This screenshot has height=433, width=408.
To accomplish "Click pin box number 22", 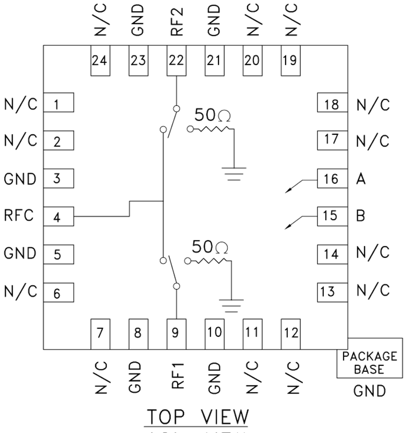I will point(176,61).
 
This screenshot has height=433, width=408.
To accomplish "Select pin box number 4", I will point(58,217).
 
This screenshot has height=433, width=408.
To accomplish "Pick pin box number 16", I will point(332,179).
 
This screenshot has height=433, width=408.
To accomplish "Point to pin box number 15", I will point(332,216).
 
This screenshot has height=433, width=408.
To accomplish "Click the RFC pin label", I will point(19,216).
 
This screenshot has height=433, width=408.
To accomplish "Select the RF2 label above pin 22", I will point(176,20).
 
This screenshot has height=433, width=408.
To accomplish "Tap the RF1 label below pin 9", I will point(177,376).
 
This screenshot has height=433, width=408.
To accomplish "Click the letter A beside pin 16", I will point(361,179).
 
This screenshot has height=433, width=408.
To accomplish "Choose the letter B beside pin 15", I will point(361,216).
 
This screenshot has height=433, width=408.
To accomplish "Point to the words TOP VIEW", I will point(196,418).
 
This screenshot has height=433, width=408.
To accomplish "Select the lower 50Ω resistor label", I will point(210,248).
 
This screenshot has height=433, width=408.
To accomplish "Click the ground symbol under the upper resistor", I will point(234,173).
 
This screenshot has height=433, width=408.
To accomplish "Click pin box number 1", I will point(58,105).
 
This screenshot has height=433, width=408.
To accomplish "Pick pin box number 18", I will point(332,105).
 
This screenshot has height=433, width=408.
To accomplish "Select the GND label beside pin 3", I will point(19,178).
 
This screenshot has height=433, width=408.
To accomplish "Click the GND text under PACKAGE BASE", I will point(369,390).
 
